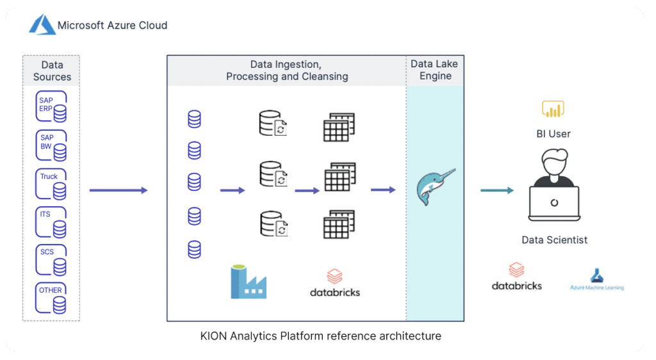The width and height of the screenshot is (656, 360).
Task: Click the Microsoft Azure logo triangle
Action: (x=42, y=25)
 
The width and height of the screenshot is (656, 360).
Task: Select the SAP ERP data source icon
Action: (x=51, y=106)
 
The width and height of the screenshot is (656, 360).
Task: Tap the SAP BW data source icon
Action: (x=51, y=145)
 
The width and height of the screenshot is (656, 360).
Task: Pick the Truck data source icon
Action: (x=51, y=184)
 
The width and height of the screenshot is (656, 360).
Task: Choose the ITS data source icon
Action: (x=51, y=222)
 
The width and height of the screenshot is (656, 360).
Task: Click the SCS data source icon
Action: (x=51, y=260)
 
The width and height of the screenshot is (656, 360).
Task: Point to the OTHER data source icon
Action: (x=51, y=298)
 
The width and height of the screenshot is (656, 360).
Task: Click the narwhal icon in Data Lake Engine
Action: (x=435, y=187)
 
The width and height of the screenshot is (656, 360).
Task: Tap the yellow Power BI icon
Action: (x=553, y=109)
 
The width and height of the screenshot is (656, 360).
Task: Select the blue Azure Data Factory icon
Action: (x=248, y=282)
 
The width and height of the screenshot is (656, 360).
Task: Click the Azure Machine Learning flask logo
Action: (x=596, y=276)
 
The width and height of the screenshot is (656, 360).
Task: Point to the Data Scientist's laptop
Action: (x=554, y=203)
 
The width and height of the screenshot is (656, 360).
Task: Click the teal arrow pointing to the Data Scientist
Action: (x=497, y=190)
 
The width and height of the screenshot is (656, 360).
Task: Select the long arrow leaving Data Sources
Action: (x=119, y=190)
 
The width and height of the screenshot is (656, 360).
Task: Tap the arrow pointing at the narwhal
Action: (x=383, y=190)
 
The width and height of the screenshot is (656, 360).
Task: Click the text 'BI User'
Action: (x=553, y=134)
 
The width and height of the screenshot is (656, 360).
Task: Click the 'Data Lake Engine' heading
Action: (x=435, y=70)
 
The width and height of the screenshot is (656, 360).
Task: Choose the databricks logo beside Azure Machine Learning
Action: (x=517, y=276)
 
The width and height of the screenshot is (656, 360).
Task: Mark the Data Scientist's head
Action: (x=554, y=162)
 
